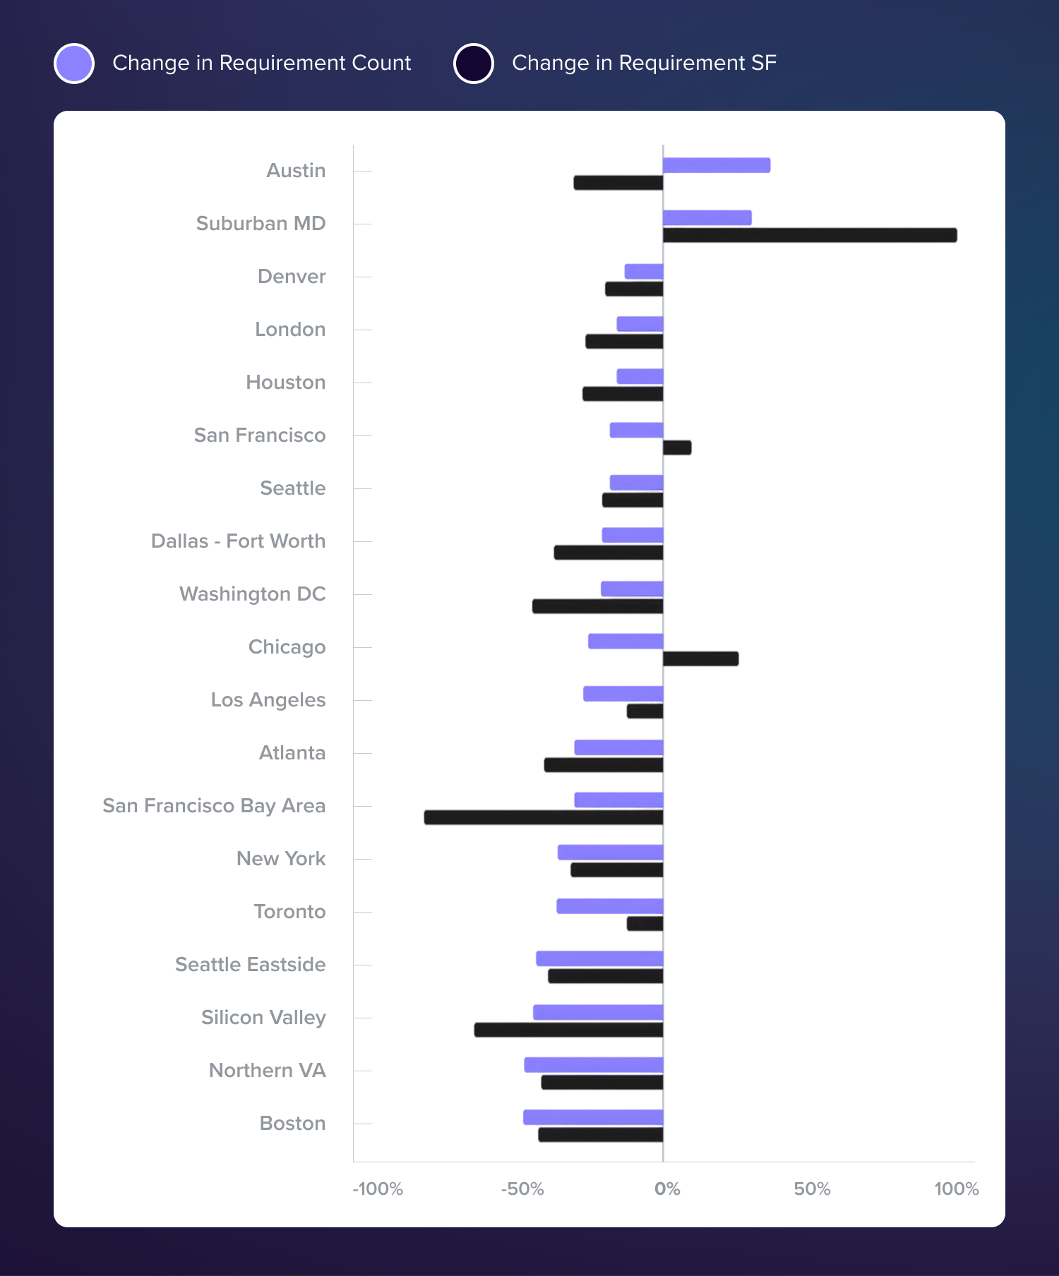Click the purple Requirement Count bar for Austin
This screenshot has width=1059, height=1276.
717,165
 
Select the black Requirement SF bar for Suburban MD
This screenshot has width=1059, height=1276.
810,235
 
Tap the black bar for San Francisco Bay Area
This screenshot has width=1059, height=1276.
544,817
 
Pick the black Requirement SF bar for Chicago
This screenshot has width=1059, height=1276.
701,658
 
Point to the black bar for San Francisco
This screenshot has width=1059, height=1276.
677,447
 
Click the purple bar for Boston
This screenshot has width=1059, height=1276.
593,1117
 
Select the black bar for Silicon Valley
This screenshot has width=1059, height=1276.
568,1030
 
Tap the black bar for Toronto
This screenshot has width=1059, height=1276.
645,923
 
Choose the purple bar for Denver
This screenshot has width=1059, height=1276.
644,271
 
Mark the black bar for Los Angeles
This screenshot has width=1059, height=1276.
645,711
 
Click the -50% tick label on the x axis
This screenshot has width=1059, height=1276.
522,1189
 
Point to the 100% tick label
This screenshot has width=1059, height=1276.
957,1189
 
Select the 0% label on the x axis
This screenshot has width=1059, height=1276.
667,1189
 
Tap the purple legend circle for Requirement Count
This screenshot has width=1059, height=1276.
74,64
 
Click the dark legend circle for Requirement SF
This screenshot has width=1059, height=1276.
474,64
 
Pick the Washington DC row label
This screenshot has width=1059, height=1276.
253,594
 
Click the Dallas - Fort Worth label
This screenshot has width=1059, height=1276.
239,541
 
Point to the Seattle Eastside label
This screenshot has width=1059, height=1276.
251,965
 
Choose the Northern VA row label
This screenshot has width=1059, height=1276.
268,1071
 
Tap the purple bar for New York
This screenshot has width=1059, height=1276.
610,853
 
